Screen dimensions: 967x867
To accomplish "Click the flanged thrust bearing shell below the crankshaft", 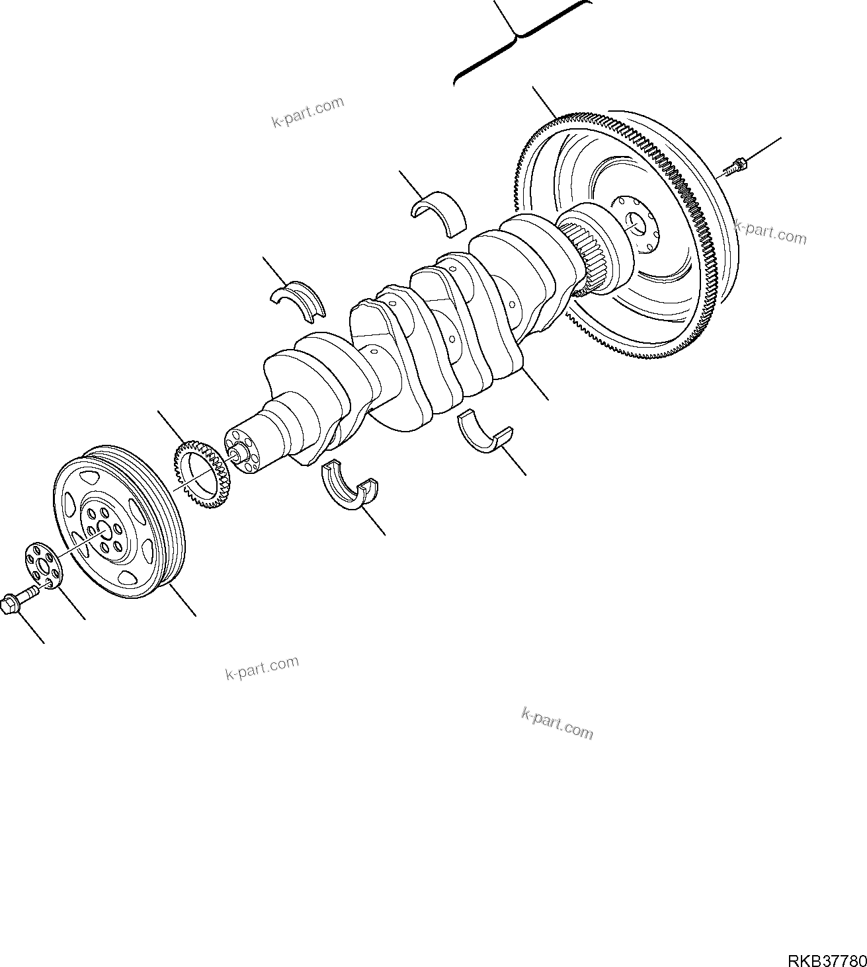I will (349, 490).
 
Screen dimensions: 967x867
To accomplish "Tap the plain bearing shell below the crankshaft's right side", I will (485, 434).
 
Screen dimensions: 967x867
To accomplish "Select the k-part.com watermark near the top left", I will (308, 112).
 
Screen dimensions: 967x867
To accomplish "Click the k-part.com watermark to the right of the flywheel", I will (770, 233).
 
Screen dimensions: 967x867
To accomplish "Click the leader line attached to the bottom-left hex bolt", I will (30, 629).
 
